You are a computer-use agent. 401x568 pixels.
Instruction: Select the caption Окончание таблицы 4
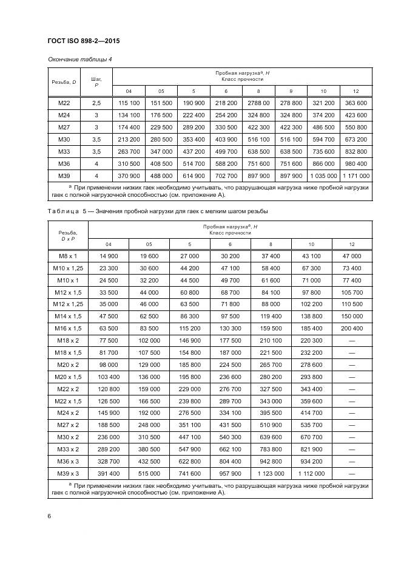tap(79, 59)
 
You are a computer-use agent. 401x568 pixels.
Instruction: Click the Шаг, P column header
tap(96, 82)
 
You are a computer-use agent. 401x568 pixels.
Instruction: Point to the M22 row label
tap(64, 103)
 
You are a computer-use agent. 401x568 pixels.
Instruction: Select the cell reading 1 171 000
tap(356, 175)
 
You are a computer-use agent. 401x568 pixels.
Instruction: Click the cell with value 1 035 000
tap(323, 175)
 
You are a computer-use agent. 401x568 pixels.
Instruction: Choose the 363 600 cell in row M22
tap(356, 103)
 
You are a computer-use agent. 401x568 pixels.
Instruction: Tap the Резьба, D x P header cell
tap(67, 236)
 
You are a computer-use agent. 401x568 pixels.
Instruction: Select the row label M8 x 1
tap(67, 257)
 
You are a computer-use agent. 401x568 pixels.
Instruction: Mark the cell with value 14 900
tap(109, 257)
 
